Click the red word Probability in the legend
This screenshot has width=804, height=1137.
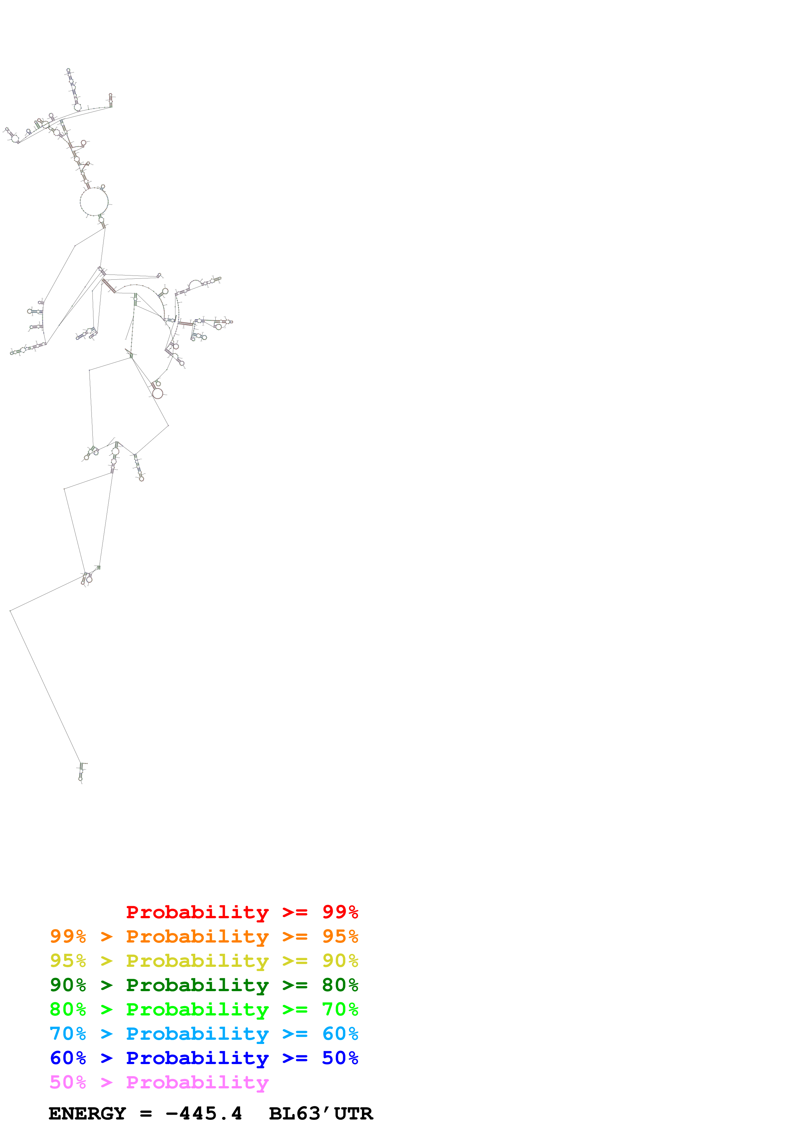pos(197,912)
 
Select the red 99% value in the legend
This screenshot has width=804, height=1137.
pos(340,912)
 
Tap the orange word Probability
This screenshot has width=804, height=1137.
pos(197,936)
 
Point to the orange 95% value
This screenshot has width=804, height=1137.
pos(340,936)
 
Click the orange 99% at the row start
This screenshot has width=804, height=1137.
pos(68,936)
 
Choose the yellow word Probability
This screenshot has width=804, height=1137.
pos(197,961)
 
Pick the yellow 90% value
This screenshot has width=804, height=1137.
pos(340,961)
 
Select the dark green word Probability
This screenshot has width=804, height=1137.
pos(197,985)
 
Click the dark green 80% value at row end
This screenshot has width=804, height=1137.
pos(340,985)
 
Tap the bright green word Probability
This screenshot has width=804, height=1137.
pos(197,1009)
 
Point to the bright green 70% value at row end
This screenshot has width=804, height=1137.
pos(340,1009)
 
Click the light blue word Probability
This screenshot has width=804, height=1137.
pos(197,1034)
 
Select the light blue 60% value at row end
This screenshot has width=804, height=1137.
pos(340,1034)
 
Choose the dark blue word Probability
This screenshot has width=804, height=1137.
pos(197,1058)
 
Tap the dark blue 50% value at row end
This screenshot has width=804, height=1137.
pos(340,1058)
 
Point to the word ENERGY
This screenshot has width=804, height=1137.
pos(87,1114)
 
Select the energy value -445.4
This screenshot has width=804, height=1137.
pos(204,1114)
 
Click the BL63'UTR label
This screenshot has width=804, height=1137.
pos(320,1114)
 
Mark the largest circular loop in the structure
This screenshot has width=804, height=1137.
pos(94,202)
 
